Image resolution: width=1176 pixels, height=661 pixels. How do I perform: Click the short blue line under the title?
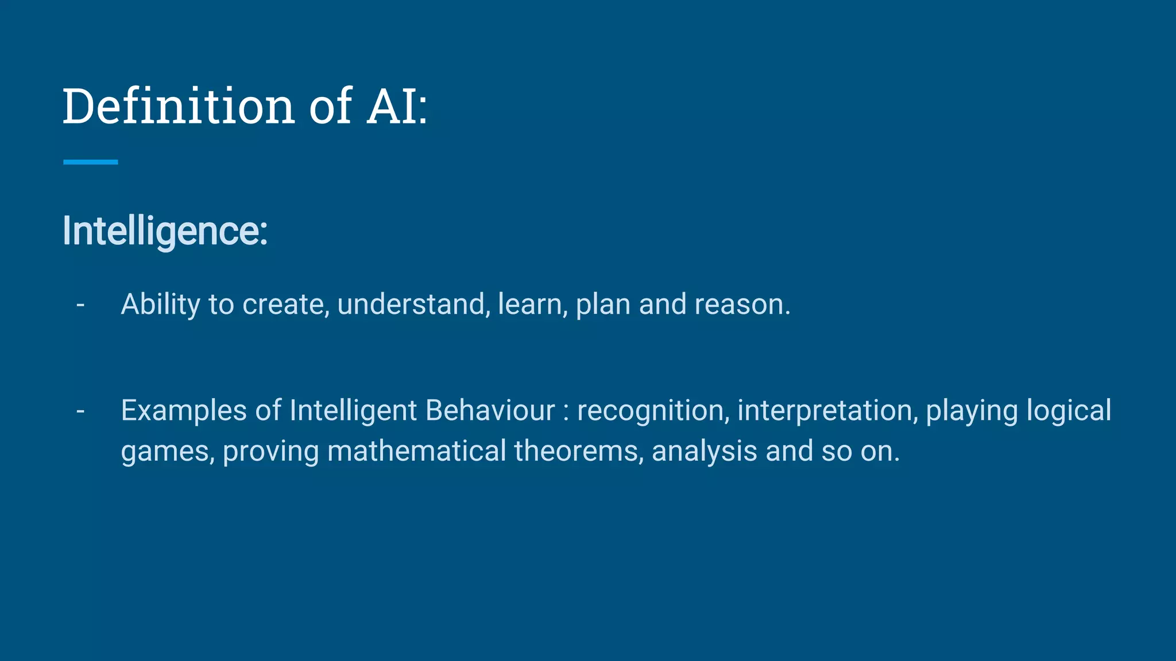[x=91, y=162]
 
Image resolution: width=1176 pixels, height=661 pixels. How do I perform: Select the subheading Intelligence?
[x=165, y=231]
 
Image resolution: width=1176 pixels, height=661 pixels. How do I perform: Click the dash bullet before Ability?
[x=80, y=304]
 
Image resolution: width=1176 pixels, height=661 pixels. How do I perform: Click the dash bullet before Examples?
[x=80, y=411]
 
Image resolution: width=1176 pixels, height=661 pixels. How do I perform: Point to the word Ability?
[x=160, y=304]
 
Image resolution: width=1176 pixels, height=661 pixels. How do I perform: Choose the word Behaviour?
[x=490, y=411]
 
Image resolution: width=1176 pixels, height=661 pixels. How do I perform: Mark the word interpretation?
[x=827, y=411]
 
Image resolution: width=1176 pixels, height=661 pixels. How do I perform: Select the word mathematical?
[x=416, y=451]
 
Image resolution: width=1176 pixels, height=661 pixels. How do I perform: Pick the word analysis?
[x=704, y=451]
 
